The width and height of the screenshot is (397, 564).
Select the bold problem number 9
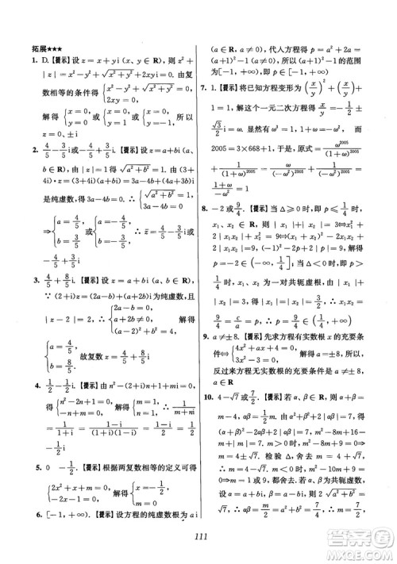[205, 359]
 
